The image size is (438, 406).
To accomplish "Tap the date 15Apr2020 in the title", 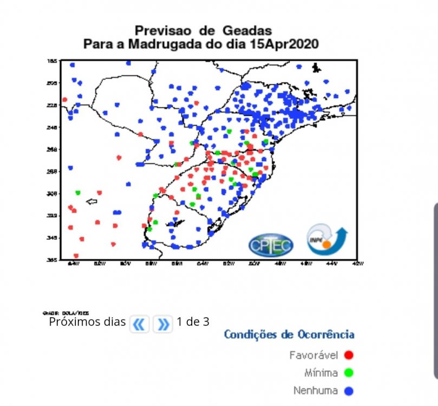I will [x=284, y=44].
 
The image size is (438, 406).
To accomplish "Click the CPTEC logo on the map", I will [x=271, y=245].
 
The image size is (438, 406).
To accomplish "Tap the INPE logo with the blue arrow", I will [x=326, y=240].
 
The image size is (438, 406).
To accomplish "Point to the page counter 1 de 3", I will [x=193, y=322].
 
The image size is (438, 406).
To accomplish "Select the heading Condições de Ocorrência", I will [x=289, y=335].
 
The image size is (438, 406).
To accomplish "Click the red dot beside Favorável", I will [x=349, y=356].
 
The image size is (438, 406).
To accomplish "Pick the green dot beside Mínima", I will [x=349, y=373].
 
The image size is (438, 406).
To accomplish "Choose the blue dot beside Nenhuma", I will [x=349, y=390].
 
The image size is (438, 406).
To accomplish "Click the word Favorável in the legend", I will [x=313, y=356].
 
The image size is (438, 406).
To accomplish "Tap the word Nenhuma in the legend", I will [x=316, y=390].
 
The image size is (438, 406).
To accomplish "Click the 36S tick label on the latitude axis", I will [x=53, y=260].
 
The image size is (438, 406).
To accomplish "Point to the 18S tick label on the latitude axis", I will [x=53, y=61].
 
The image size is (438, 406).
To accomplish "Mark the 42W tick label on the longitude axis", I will [x=357, y=264].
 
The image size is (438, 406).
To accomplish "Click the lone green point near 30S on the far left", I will [x=78, y=193].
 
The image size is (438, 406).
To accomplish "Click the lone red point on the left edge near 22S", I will [x=64, y=100].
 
